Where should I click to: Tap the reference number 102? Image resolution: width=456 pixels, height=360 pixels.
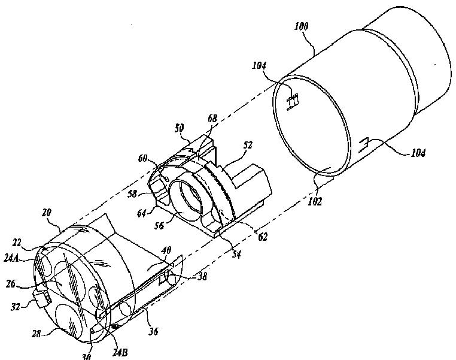click(315, 201)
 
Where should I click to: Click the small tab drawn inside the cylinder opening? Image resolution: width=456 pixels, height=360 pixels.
click(293, 101)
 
